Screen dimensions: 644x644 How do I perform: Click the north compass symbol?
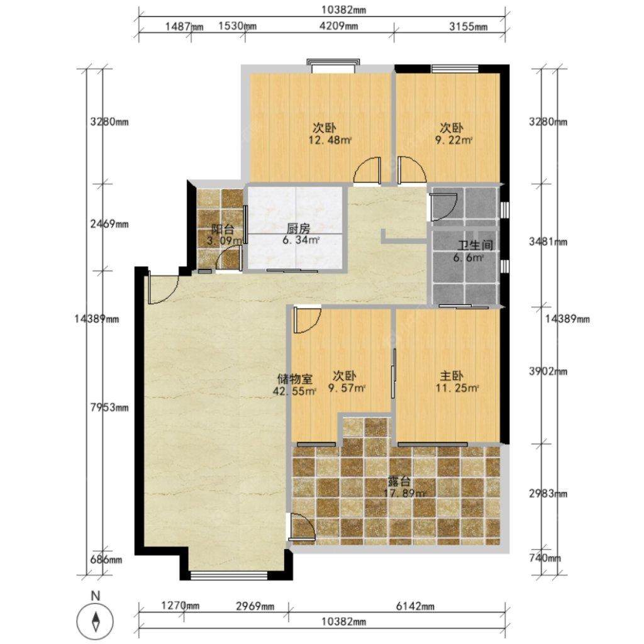coord(96,619)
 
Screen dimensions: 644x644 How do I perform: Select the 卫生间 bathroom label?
coord(475,246)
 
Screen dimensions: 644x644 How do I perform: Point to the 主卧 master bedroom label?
coord(452,376)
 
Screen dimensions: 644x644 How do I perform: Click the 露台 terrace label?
coord(399,481)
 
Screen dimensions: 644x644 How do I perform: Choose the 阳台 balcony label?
coord(223,229)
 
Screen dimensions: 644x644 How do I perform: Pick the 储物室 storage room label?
coord(295,378)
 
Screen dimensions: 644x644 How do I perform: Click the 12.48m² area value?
coord(330,140)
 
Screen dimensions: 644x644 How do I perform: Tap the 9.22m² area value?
coord(454,140)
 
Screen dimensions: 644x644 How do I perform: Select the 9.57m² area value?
coord(347,387)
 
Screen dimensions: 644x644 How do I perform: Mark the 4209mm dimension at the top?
coord(338,26)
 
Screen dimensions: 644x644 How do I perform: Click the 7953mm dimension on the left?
coord(109,408)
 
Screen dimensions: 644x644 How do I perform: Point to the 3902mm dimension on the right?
coord(548,371)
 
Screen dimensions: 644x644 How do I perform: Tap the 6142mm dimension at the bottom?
coord(415,606)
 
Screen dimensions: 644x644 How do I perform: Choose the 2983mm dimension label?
coord(548,493)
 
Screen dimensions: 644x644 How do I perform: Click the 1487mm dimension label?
coord(184,26)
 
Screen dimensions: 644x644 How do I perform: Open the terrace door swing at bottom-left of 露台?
coord(303,526)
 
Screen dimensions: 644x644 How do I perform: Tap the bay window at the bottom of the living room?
coord(230,576)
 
